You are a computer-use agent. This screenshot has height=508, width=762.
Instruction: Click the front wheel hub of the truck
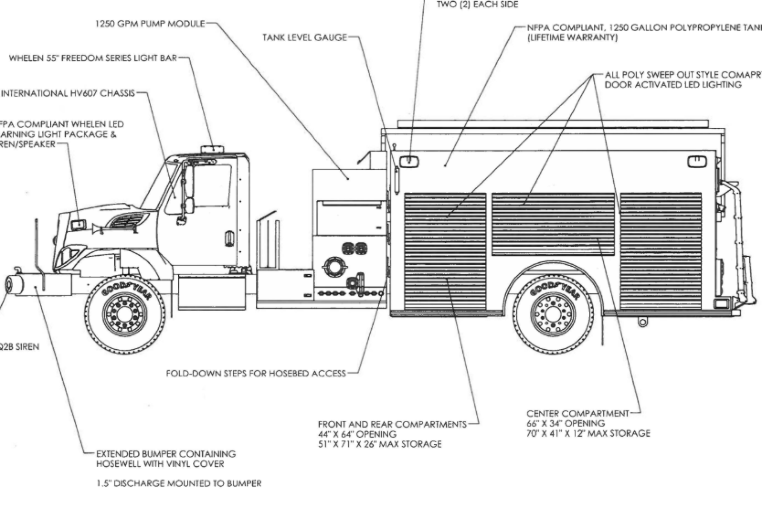[x=124, y=313]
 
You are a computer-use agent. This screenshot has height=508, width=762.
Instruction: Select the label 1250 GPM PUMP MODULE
[x=150, y=24]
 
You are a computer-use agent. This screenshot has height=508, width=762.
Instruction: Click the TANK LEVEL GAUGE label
[x=305, y=38]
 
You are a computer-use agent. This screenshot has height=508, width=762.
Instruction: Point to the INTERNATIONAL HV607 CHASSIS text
[x=68, y=93]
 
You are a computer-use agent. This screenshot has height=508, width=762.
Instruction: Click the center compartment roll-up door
[x=553, y=224]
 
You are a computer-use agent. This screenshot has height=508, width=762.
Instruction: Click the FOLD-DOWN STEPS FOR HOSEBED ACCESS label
[x=256, y=374]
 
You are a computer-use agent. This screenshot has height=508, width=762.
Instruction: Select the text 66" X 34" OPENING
[x=566, y=423]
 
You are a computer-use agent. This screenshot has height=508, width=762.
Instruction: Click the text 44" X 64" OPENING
[x=357, y=434]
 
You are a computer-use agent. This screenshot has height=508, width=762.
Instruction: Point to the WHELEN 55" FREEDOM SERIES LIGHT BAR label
[x=93, y=58]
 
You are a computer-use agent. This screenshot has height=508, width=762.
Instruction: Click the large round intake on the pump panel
[x=335, y=266]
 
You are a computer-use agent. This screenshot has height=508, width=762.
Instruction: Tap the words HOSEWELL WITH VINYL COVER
[x=160, y=464]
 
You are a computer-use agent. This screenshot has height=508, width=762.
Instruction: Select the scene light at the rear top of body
[x=697, y=161]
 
